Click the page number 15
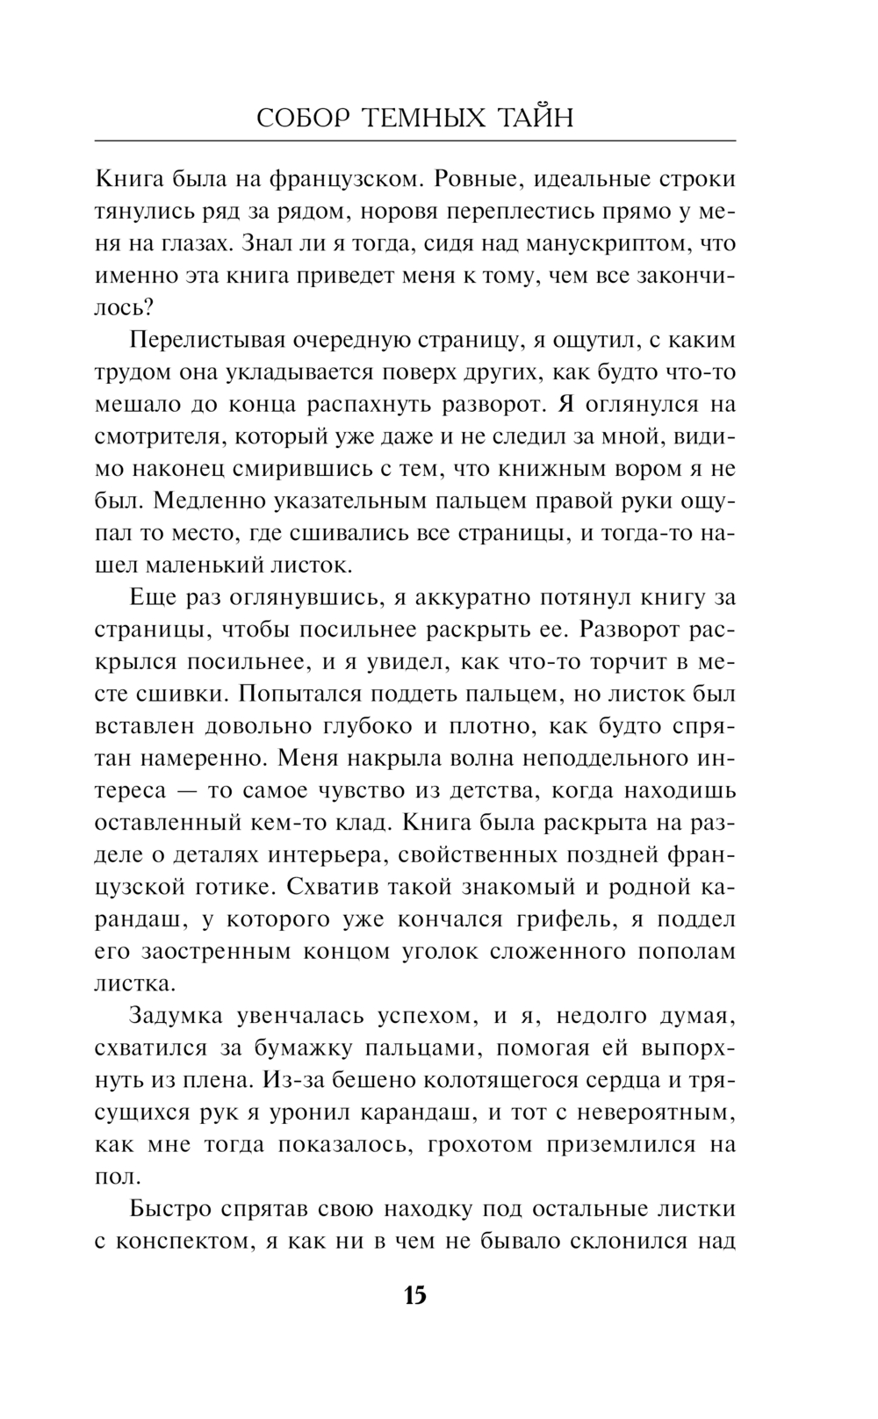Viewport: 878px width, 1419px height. click(x=414, y=1295)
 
